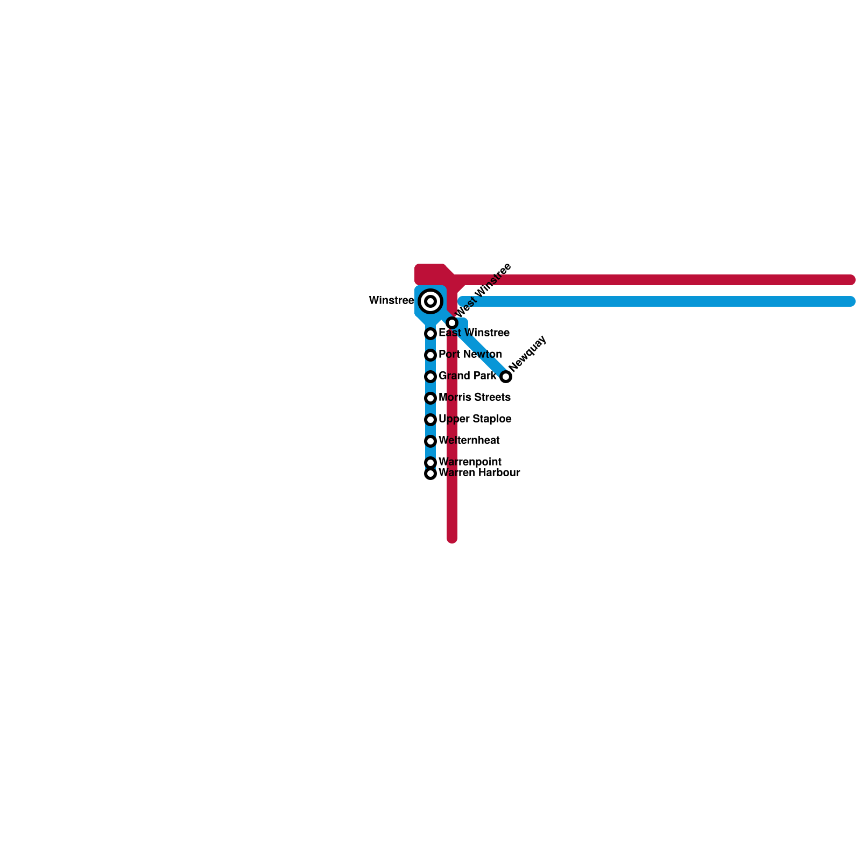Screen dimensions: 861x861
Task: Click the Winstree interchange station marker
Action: click(430, 301)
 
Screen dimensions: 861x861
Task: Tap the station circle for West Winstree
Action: click(452, 323)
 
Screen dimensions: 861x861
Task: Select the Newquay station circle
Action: click(506, 377)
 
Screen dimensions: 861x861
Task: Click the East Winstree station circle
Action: click(430, 334)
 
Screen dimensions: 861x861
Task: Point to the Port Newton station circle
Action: click(430, 355)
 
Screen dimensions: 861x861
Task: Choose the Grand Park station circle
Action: click(430, 377)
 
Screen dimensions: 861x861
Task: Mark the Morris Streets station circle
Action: click(430, 398)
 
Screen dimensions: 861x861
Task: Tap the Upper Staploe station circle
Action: click(430, 420)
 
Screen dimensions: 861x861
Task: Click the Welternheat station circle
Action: click(430, 441)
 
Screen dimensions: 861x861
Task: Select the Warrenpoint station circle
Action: click(430, 463)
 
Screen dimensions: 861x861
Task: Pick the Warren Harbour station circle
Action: click(430, 474)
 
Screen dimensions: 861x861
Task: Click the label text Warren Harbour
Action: click(479, 473)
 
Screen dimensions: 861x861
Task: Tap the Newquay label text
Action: click(527, 354)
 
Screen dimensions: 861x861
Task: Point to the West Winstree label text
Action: click(483, 291)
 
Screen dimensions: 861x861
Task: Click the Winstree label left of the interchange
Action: click(391, 301)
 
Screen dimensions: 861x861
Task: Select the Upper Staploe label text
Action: click(475, 419)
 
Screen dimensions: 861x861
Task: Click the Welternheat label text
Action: click(469, 441)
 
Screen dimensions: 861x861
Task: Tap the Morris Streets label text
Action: click(474, 398)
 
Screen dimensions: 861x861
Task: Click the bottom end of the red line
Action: click(452, 538)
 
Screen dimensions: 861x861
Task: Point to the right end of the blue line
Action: click(850, 301)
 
